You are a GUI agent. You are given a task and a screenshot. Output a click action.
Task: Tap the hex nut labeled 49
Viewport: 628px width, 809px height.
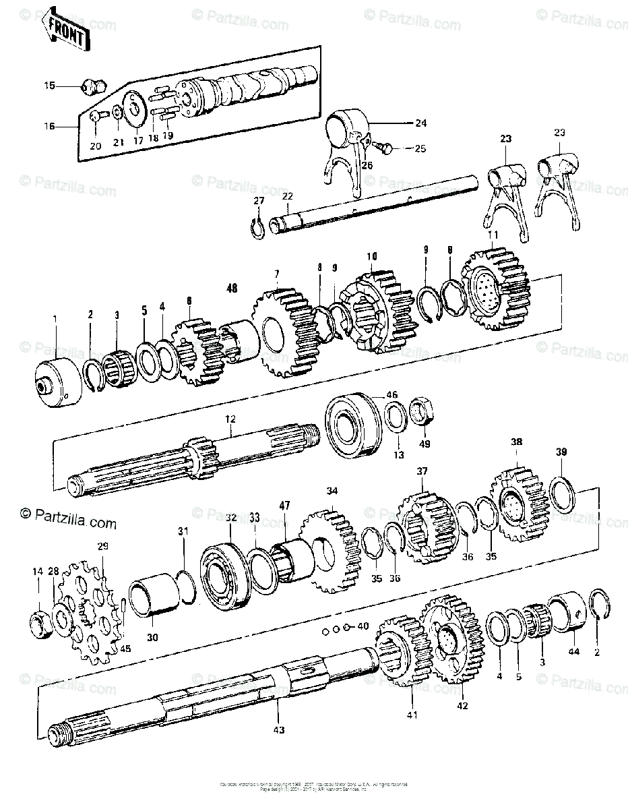[423, 411]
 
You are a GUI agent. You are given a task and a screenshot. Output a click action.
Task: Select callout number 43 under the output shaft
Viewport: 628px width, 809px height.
[278, 729]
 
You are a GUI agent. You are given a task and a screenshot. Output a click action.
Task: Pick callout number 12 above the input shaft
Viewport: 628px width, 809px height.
[230, 419]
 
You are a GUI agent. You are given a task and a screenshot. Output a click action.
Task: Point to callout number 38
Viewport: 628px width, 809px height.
[516, 443]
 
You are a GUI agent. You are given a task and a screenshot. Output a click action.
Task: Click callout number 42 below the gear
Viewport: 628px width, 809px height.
[462, 705]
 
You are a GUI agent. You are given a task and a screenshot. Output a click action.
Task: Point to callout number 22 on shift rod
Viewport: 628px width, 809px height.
[287, 196]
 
